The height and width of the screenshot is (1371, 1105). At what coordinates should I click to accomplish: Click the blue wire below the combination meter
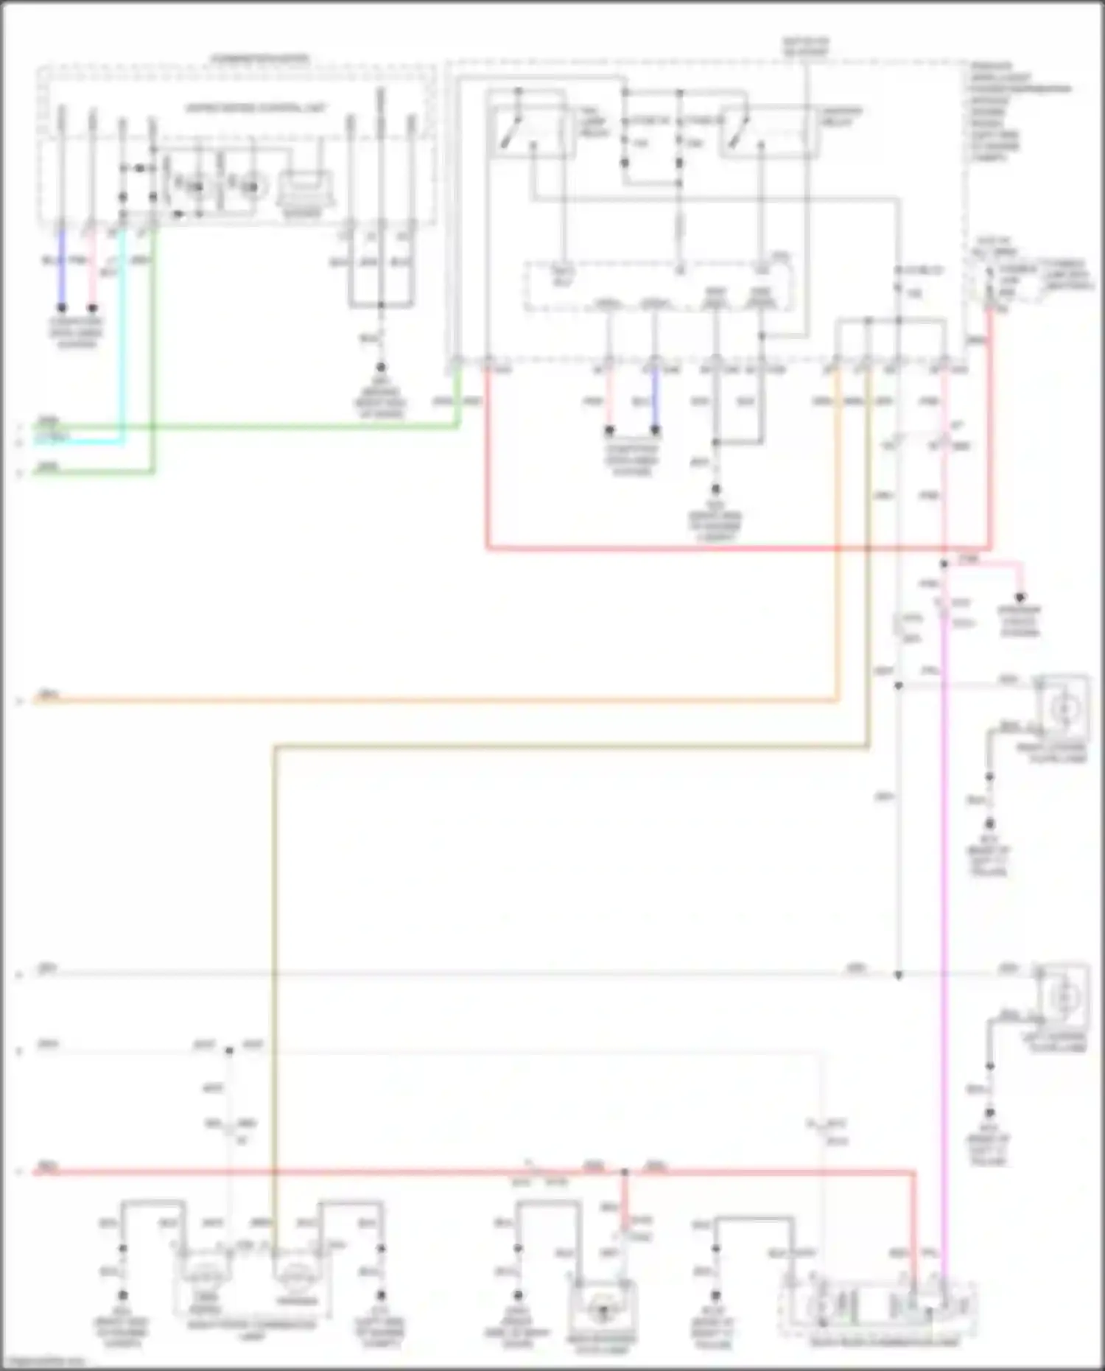point(62,269)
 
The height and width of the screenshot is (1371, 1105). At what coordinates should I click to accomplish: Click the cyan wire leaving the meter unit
point(122,339)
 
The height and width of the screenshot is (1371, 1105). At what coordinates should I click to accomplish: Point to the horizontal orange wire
point(442,701)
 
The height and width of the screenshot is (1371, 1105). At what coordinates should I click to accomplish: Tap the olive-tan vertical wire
point(274,958)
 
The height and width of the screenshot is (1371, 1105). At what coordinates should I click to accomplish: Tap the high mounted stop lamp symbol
point(603,1309)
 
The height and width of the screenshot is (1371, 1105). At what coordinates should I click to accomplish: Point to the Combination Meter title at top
point(260,58)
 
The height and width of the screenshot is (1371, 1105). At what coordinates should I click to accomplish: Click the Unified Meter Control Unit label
point(255,108)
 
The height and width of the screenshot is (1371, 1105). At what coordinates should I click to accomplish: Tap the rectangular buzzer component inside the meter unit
point(304,189)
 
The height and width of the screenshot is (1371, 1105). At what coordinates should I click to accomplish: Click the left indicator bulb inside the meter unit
point(195,187)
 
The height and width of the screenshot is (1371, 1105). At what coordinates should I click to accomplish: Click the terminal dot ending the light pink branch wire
point(1020,597)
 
